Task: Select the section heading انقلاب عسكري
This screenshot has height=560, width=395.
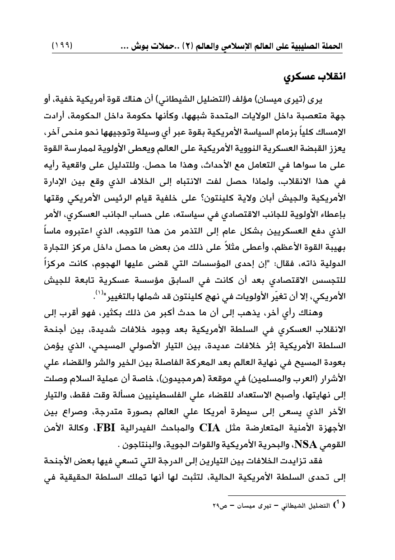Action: click(x=310, y=76)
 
